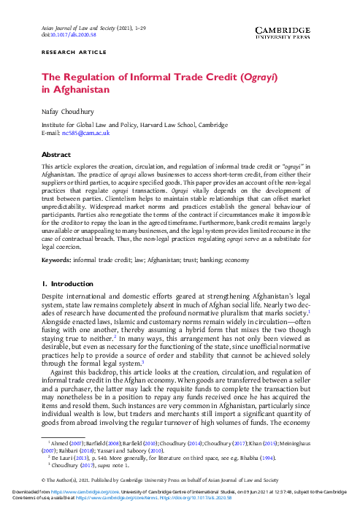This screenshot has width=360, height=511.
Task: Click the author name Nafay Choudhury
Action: coord(72,112)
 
